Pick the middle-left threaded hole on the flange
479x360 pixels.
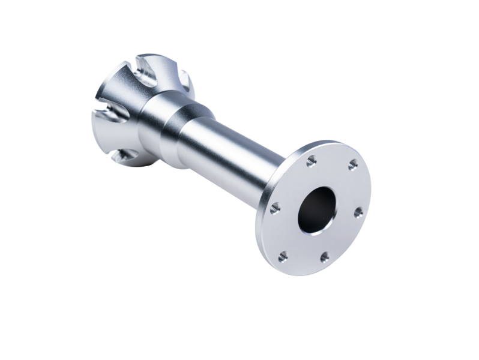[x=276, y=208]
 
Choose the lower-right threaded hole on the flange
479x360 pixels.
[x=325, y=257]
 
